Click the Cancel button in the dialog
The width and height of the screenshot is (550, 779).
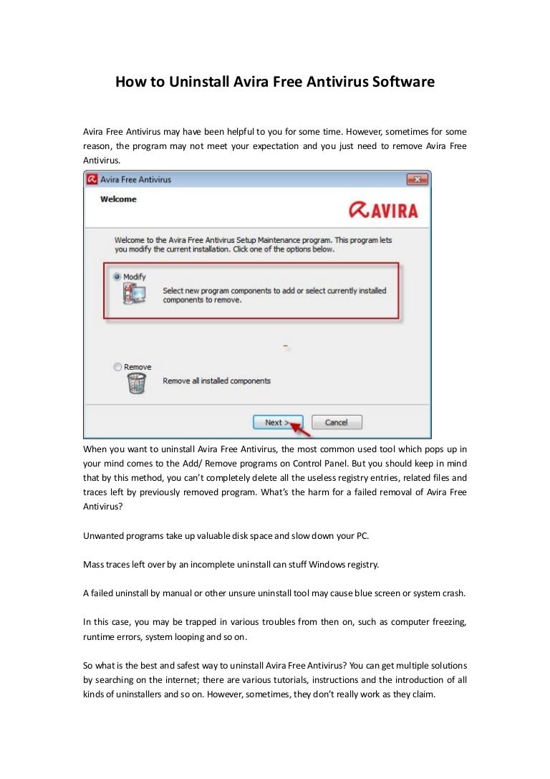point(337,422)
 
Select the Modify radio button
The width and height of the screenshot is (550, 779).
point(117,277)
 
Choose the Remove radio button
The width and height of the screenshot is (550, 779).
point(117,367)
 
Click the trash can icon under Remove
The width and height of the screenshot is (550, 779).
point(136,383)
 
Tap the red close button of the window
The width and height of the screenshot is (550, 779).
point(417,179)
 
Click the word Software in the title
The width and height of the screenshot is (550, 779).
point(403,82)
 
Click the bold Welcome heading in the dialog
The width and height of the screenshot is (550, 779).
point(118,199)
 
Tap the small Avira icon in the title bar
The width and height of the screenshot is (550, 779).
point(92,179)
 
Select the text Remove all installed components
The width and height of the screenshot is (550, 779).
point(216,381)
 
